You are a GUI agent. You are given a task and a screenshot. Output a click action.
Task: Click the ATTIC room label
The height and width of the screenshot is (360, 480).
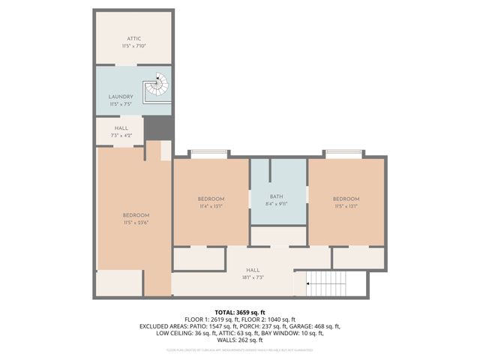(x=133, y=38)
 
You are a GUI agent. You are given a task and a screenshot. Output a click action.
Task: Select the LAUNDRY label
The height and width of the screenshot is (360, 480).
(x=121, y=97)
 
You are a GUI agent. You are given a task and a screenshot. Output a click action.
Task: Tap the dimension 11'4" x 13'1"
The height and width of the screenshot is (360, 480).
(x=211, y=206)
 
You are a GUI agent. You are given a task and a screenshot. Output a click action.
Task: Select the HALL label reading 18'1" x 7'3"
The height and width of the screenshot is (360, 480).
(x=253, y=277)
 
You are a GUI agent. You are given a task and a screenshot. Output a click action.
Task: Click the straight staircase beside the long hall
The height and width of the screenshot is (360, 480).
(x=328, y=284)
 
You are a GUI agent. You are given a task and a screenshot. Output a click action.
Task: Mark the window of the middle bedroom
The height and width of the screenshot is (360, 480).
(x=210, y=154)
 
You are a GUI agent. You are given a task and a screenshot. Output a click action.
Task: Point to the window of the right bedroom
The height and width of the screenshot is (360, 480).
(x=346, y=154)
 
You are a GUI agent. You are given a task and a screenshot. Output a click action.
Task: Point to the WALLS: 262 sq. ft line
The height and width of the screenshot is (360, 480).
(x=239, y=340)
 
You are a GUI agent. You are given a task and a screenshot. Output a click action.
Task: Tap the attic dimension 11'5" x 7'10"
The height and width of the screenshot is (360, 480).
(x=133, y=46)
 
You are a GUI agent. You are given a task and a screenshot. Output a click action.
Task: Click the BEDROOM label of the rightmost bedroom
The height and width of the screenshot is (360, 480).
(x=346, y=199)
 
